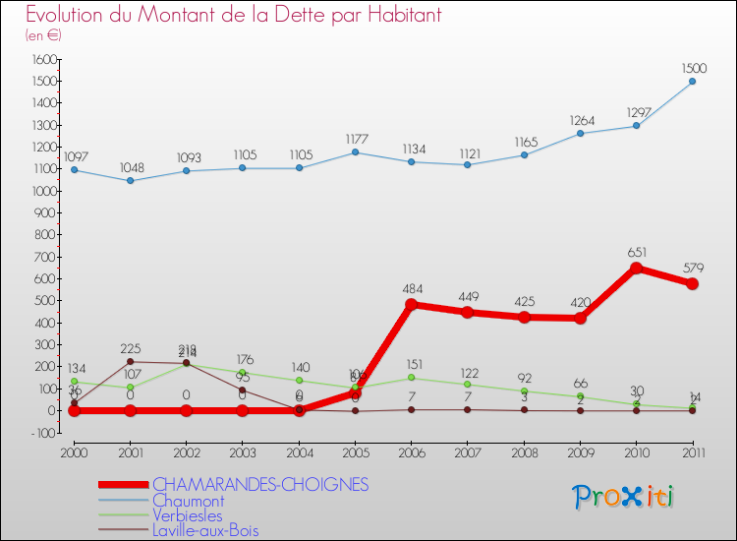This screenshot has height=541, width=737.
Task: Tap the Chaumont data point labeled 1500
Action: click(x=692, y=81)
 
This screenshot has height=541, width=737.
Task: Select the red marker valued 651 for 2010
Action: click(x=636, y=268)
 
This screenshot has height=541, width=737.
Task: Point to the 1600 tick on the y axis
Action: click(x=43, y=59)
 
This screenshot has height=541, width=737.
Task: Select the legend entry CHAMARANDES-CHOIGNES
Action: click(x=259, y=484)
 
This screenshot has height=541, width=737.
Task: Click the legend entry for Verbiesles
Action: click(x=187, y=515)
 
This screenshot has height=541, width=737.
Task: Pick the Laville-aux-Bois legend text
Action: click(x=205, y=531)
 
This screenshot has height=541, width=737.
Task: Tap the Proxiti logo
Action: click(x=624, y=497)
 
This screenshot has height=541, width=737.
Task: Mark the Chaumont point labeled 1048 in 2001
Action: click(x=131, y=180)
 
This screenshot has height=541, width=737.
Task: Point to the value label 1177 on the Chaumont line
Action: click(x=356, y=139)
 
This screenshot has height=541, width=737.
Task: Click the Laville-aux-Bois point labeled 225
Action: click(x=131, y=362)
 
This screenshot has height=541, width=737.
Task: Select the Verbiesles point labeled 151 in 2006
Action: click(x=412, y=378)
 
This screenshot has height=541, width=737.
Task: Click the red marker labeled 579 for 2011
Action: click(x=692, y=283)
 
